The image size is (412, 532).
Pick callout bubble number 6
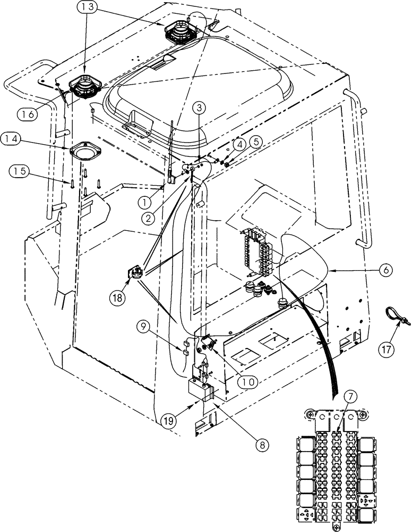tap(386, 270)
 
